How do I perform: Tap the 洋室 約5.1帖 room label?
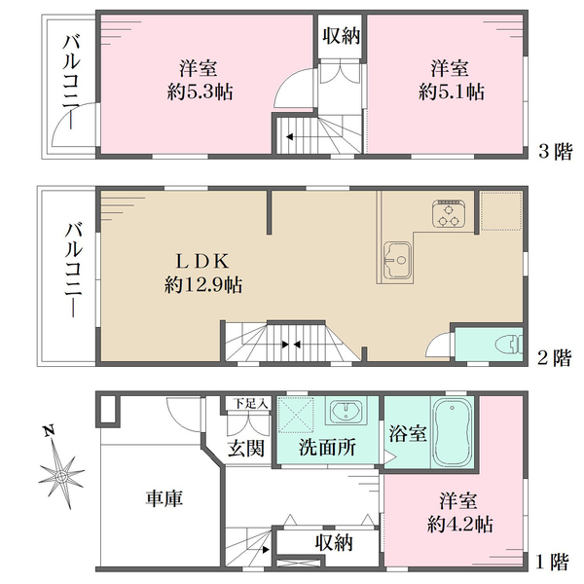pos(450,80)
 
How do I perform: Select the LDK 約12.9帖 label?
pos(203,273)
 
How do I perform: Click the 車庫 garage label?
pos(164,498)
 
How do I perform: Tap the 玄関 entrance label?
pos(246,449)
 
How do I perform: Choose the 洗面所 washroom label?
pos(326,449)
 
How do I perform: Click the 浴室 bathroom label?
pos(407,434)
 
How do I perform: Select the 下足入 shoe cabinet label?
pos(247,403)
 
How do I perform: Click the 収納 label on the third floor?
pos(340,36)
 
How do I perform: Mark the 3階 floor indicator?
pos(555,151)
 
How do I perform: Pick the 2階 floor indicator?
pos(555,357)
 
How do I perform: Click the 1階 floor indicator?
pos(553,562)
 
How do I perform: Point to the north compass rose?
pos(62,474)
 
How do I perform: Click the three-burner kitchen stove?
pos(450,214)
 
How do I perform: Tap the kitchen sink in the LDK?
pos(398,260)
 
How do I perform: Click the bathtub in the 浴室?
pos(454,432)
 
